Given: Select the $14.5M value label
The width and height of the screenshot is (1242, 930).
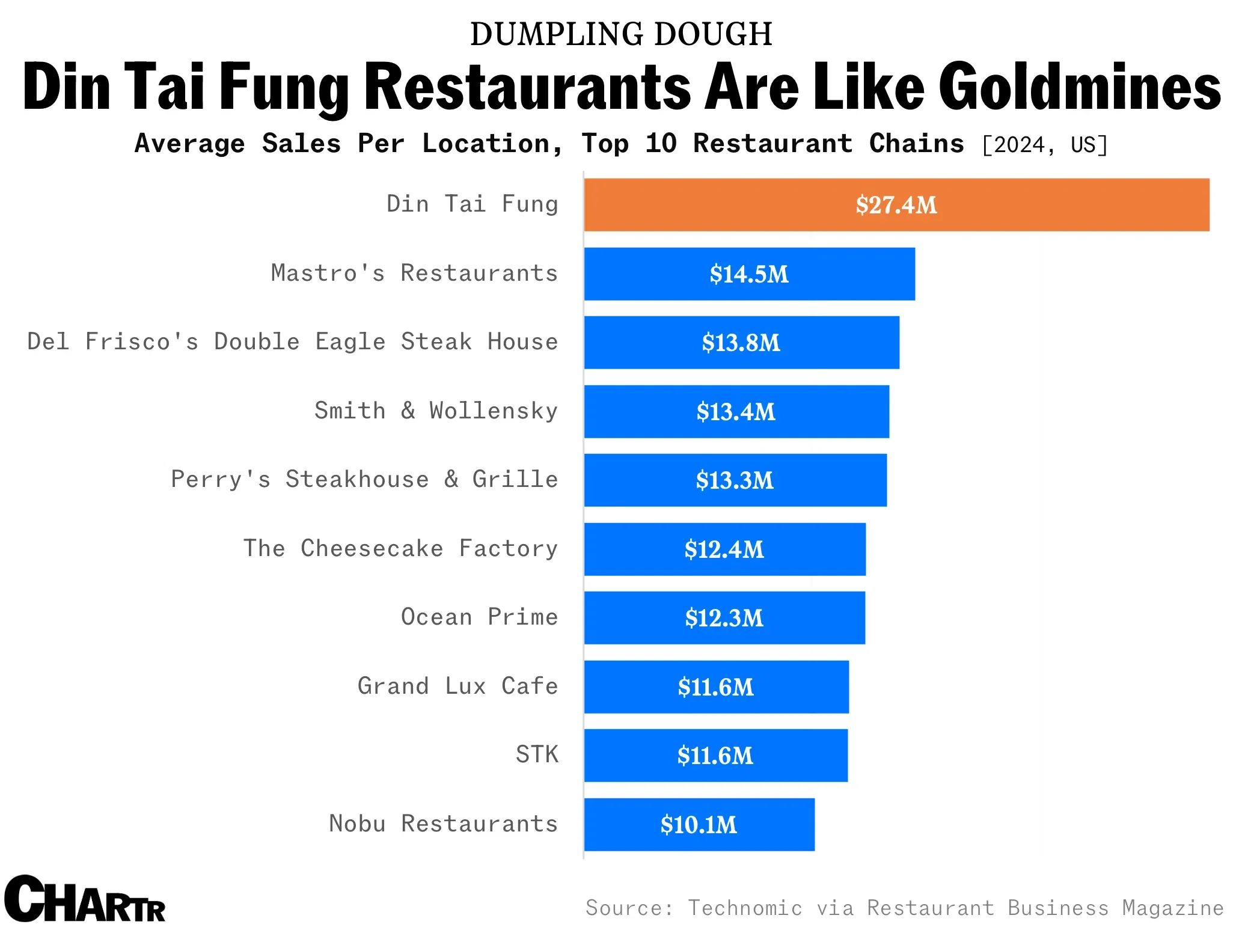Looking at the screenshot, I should click(x=748, y=274).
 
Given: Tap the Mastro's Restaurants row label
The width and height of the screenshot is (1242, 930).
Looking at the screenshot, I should click(x=414, y=274).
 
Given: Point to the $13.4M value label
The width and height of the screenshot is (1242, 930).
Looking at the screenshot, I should click(x=736, y=412).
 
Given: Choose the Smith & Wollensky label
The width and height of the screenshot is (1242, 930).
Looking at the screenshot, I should click(x=436, y=411).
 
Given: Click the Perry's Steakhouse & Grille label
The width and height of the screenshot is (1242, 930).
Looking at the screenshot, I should click(x=364, y=480).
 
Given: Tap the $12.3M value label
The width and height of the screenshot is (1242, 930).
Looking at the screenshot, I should click(x=724, y=618).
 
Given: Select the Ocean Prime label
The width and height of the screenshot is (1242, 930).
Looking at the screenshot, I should click(x=479, y=617).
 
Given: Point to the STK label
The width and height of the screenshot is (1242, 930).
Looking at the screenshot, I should click(x=537, y=754).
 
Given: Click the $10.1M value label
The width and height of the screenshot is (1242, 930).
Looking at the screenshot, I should click(x=699, y=825).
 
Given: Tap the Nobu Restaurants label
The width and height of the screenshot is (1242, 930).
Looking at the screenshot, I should click(x=443, y=824).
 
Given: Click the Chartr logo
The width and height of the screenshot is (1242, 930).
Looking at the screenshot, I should click(x=84, y=899).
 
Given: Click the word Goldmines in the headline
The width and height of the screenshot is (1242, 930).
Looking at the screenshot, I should click(x=1079, y=88).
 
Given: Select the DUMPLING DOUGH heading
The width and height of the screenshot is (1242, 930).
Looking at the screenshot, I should click(x=621, y=34).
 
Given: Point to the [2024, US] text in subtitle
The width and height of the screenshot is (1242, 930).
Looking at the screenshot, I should click(x=1044, y=145).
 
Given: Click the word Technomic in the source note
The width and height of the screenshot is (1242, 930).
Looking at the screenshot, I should click(x=745, y=908).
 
